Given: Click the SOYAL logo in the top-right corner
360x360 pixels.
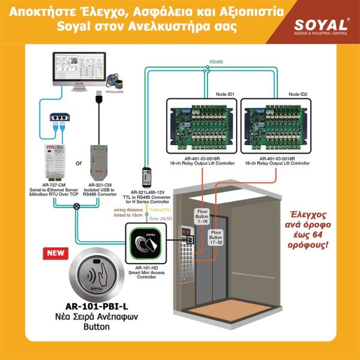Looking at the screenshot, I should coord(321,26).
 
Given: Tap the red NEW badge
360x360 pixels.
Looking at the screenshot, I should coord(56,253).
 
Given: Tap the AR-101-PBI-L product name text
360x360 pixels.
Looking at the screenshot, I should coord(98,306).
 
